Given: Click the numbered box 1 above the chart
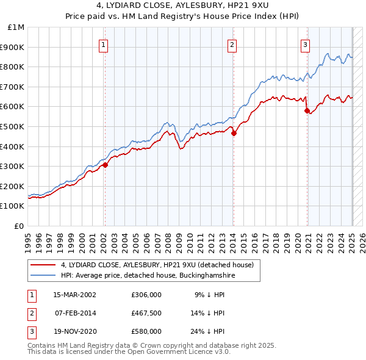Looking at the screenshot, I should (104, 43).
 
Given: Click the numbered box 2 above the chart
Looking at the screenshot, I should (232, 43).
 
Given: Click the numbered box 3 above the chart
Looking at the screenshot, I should (304, 43).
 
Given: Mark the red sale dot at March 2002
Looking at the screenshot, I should (105, 165).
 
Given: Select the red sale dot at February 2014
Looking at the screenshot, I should (233, 133).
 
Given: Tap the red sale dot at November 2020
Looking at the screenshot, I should (307, 110).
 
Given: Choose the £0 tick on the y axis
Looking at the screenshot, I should (19, 226).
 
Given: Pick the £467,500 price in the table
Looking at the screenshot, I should (146, 313).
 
